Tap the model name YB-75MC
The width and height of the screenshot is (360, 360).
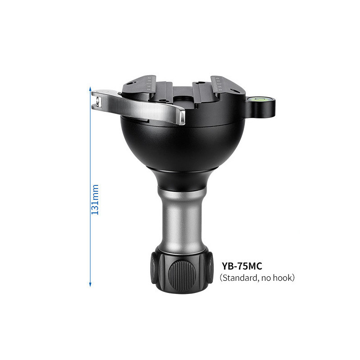[242, 266]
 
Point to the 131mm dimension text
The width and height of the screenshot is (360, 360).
[95, 199]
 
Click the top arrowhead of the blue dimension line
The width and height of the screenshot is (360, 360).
[90, 89]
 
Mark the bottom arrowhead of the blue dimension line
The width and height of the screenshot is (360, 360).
[90, 284]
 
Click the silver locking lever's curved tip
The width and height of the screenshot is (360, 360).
[181, 117]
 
